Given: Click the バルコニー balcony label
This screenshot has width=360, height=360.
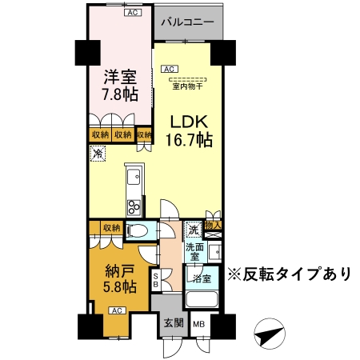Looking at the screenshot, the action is pos(187,22).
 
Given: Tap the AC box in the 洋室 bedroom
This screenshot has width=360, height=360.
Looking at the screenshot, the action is pos(133,13).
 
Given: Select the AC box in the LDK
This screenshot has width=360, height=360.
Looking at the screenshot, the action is pos(170,69).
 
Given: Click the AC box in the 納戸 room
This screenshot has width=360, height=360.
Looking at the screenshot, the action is pos(117,310).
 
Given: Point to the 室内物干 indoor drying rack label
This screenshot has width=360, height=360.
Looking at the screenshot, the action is pos(187,86).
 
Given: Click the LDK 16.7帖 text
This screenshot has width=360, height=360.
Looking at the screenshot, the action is pos(189,131).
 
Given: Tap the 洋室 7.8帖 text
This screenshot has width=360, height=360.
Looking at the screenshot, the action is pos(120,86).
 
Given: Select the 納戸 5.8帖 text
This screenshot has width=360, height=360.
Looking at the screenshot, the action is pos(120,278).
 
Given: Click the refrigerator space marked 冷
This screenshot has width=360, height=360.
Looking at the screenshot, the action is pos(98,154).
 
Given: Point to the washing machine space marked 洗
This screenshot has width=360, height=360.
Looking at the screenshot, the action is pos(193,230).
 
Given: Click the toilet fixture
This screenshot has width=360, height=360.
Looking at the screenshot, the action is pos(137,230).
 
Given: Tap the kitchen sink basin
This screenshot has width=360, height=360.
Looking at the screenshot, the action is pos(134,177).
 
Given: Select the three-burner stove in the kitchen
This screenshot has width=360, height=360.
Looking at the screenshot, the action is pos(134,207).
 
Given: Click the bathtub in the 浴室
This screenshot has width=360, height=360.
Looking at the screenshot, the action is pos(202,299).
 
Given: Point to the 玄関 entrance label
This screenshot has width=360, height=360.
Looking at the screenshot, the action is pos(174,323).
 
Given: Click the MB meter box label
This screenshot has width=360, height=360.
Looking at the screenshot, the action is pos(199,324).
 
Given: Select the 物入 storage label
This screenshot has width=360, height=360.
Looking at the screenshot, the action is pos(213,226).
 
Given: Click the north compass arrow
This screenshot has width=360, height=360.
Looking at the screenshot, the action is pos(270,334).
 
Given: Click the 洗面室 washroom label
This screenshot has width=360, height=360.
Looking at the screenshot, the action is pos(194,252).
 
